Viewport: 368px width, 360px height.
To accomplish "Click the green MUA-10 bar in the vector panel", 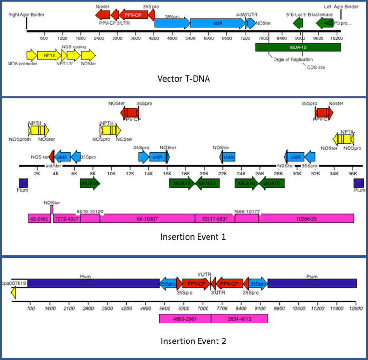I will [298, 47].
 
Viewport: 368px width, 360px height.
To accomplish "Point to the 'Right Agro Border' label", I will [27, 15].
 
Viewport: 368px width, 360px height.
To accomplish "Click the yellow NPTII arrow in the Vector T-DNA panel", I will [47, 55].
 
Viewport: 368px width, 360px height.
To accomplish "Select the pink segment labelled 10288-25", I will [306, 218].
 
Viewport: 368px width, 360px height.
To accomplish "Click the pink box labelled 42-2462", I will [39, 218].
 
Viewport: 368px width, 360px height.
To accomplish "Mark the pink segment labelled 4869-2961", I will [185, 318].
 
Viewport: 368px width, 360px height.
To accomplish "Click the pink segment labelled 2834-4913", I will [239, 318].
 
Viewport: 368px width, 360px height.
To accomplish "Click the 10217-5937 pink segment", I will [215, 218].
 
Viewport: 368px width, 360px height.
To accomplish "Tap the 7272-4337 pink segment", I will [66, 218].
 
